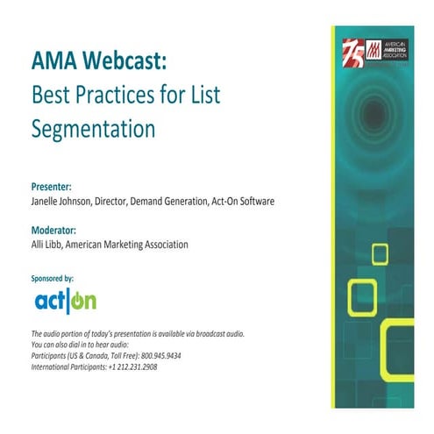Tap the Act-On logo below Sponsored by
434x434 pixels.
pyautogui.click(x=66, y=301)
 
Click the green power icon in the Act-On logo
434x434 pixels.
pyautogui.click(x=85, y=302)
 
